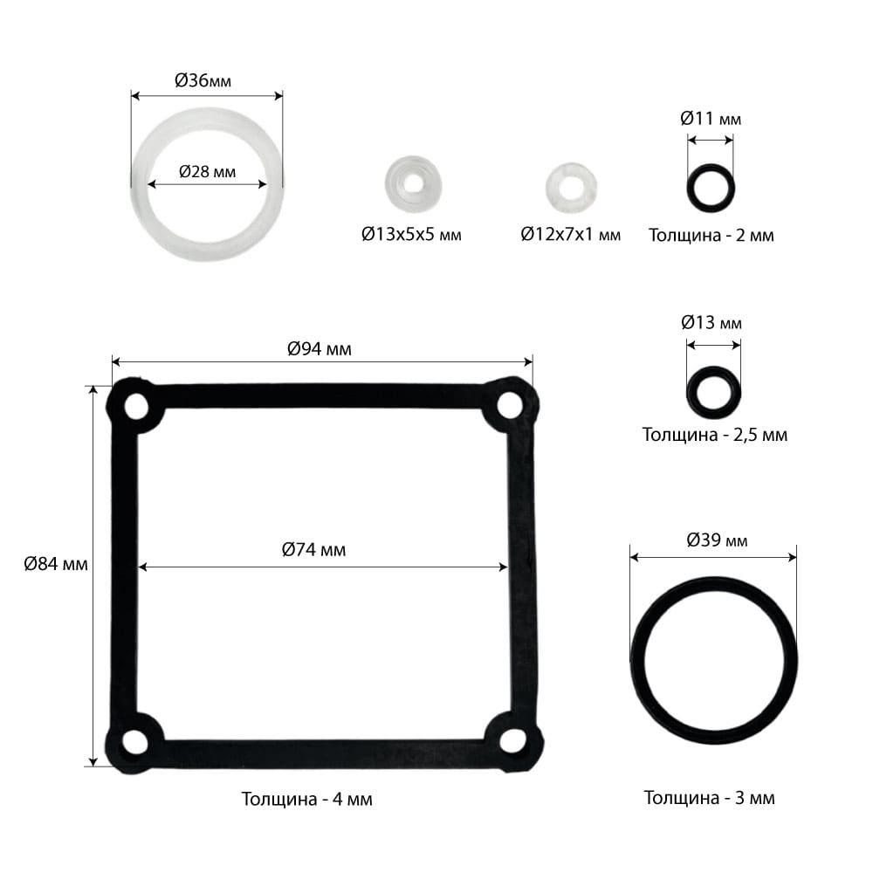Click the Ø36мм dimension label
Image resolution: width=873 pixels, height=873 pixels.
coord(203,80)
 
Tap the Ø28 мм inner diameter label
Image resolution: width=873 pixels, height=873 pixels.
coord(207,171)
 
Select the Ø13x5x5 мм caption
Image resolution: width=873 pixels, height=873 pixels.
coord(411,234)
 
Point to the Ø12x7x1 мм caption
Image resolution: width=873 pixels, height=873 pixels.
coord(571,234)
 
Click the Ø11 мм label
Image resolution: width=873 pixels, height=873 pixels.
coord(711,119)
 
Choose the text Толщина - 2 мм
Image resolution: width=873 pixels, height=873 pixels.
coord(711,236)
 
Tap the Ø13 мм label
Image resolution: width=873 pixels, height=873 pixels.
coord(711,323)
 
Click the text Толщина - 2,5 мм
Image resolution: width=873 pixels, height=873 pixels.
coord(715,434)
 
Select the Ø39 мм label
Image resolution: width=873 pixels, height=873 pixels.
coord(717,540)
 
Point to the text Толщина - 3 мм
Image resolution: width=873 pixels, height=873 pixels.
coord(709,798)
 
